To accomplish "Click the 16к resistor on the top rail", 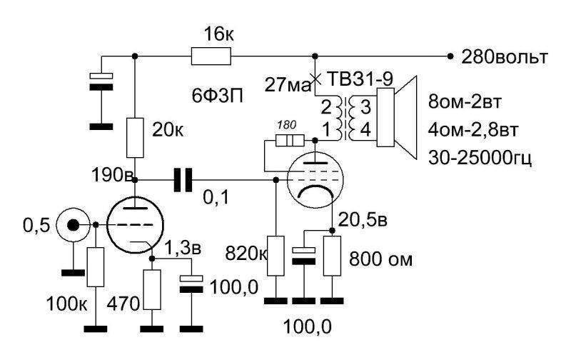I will [x=211, y=56].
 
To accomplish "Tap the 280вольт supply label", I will [x=505, y=56].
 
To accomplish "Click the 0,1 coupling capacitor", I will [x=183, y=181].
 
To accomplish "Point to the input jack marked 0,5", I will [x=73, y=226].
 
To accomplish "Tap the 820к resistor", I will [x=274, y=255].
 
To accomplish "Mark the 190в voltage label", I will [x=108, y=174].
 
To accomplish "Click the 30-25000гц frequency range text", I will [x=490, y=157].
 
